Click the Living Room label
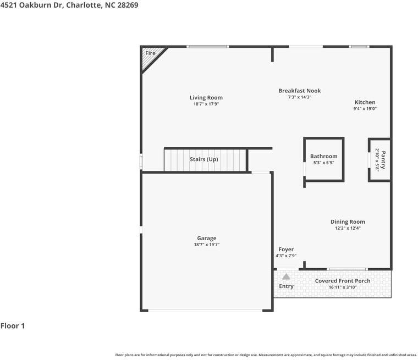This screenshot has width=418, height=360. click(206, 98)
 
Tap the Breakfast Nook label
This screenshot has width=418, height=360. click(299, 91)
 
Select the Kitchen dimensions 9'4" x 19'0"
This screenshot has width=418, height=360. click(365, 109)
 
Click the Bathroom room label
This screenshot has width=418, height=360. click(323, 156)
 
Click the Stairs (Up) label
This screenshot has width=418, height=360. click(204, 159)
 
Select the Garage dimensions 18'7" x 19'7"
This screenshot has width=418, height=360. click(207, 245)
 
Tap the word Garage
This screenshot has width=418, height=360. click(207, 238)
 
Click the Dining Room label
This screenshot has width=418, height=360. click(348, 221)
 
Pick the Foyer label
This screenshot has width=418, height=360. click(286, 249)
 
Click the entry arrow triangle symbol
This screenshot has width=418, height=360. click(286, 276)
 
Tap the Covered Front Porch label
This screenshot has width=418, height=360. click(343, 281)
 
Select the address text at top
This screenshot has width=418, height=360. click(69, 5)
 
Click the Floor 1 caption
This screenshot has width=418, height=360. click(13, 326)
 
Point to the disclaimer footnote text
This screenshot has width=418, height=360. click(266, 355)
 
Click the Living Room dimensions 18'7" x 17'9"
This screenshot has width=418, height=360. click(206, 104)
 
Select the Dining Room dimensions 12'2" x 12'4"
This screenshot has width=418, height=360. click(348, 228)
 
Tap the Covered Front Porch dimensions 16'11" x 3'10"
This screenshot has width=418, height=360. click(343, 287)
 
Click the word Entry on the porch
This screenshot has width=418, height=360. click(286, 286)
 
